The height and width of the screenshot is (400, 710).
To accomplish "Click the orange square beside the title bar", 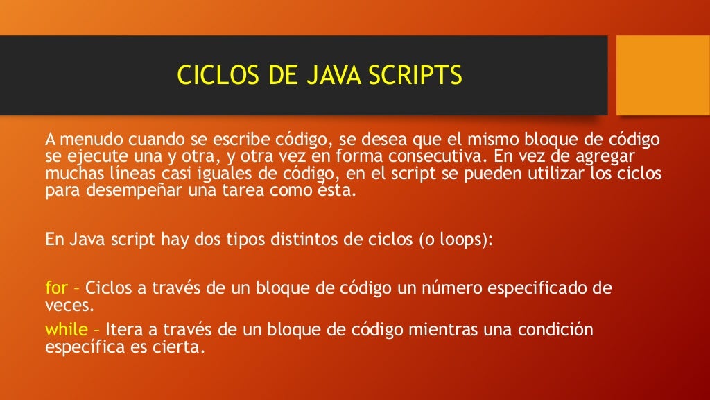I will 663,75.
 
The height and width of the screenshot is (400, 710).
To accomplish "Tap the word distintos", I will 315,240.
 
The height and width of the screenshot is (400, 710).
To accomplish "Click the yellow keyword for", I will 55,287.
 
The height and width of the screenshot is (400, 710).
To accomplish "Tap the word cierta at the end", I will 182,347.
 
